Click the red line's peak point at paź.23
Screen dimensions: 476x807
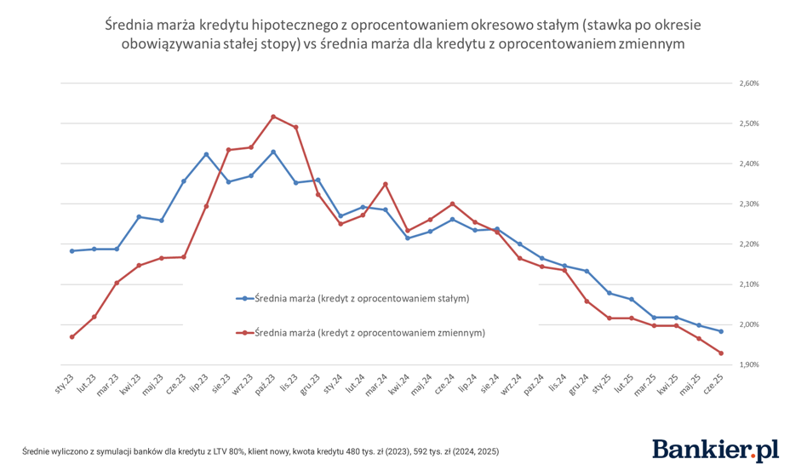coord(273,116)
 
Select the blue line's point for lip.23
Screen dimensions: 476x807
coord(206,154)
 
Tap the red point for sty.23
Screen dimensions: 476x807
coord(72,337)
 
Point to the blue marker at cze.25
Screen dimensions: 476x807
coord(721,331)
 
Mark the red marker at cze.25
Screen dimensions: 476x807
coord(721,353)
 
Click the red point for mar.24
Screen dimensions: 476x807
coord(385,184)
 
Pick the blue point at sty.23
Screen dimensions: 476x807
coord(72,251)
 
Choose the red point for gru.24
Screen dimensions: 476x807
coord(587,301)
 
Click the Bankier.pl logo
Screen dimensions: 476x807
coord(715,450)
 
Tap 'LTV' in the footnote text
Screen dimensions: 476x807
coord(201,450)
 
